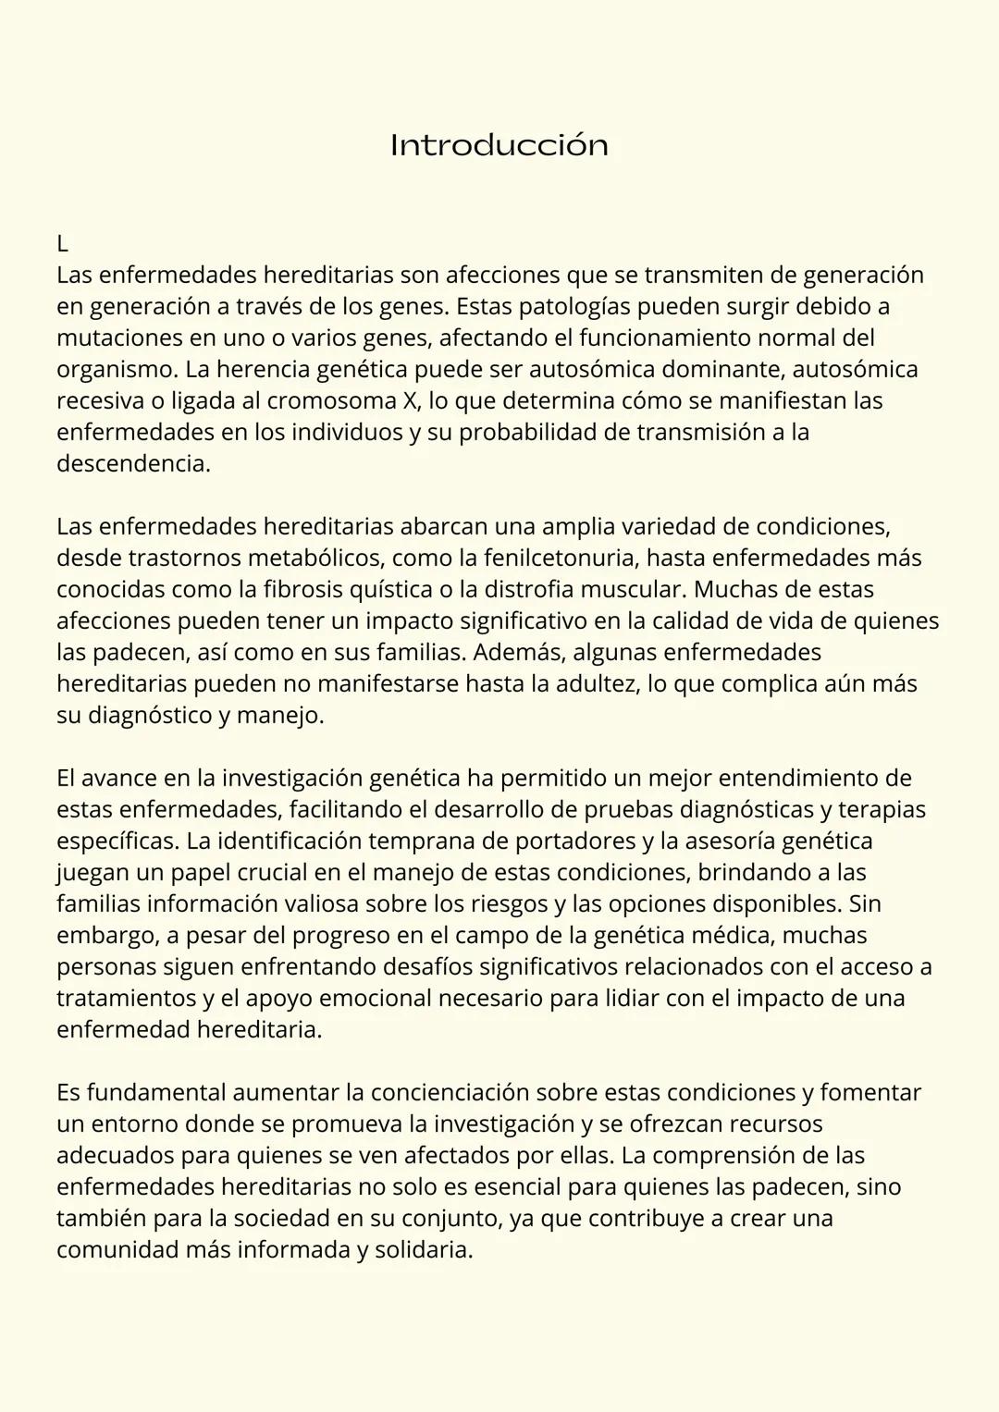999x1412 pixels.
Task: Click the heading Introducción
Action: (x=499, y=145)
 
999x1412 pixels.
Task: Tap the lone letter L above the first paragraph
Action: (x=62, y=244)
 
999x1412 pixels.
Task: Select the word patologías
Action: (x=567, y=306)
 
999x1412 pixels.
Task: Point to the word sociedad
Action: (x=281, y=1218)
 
